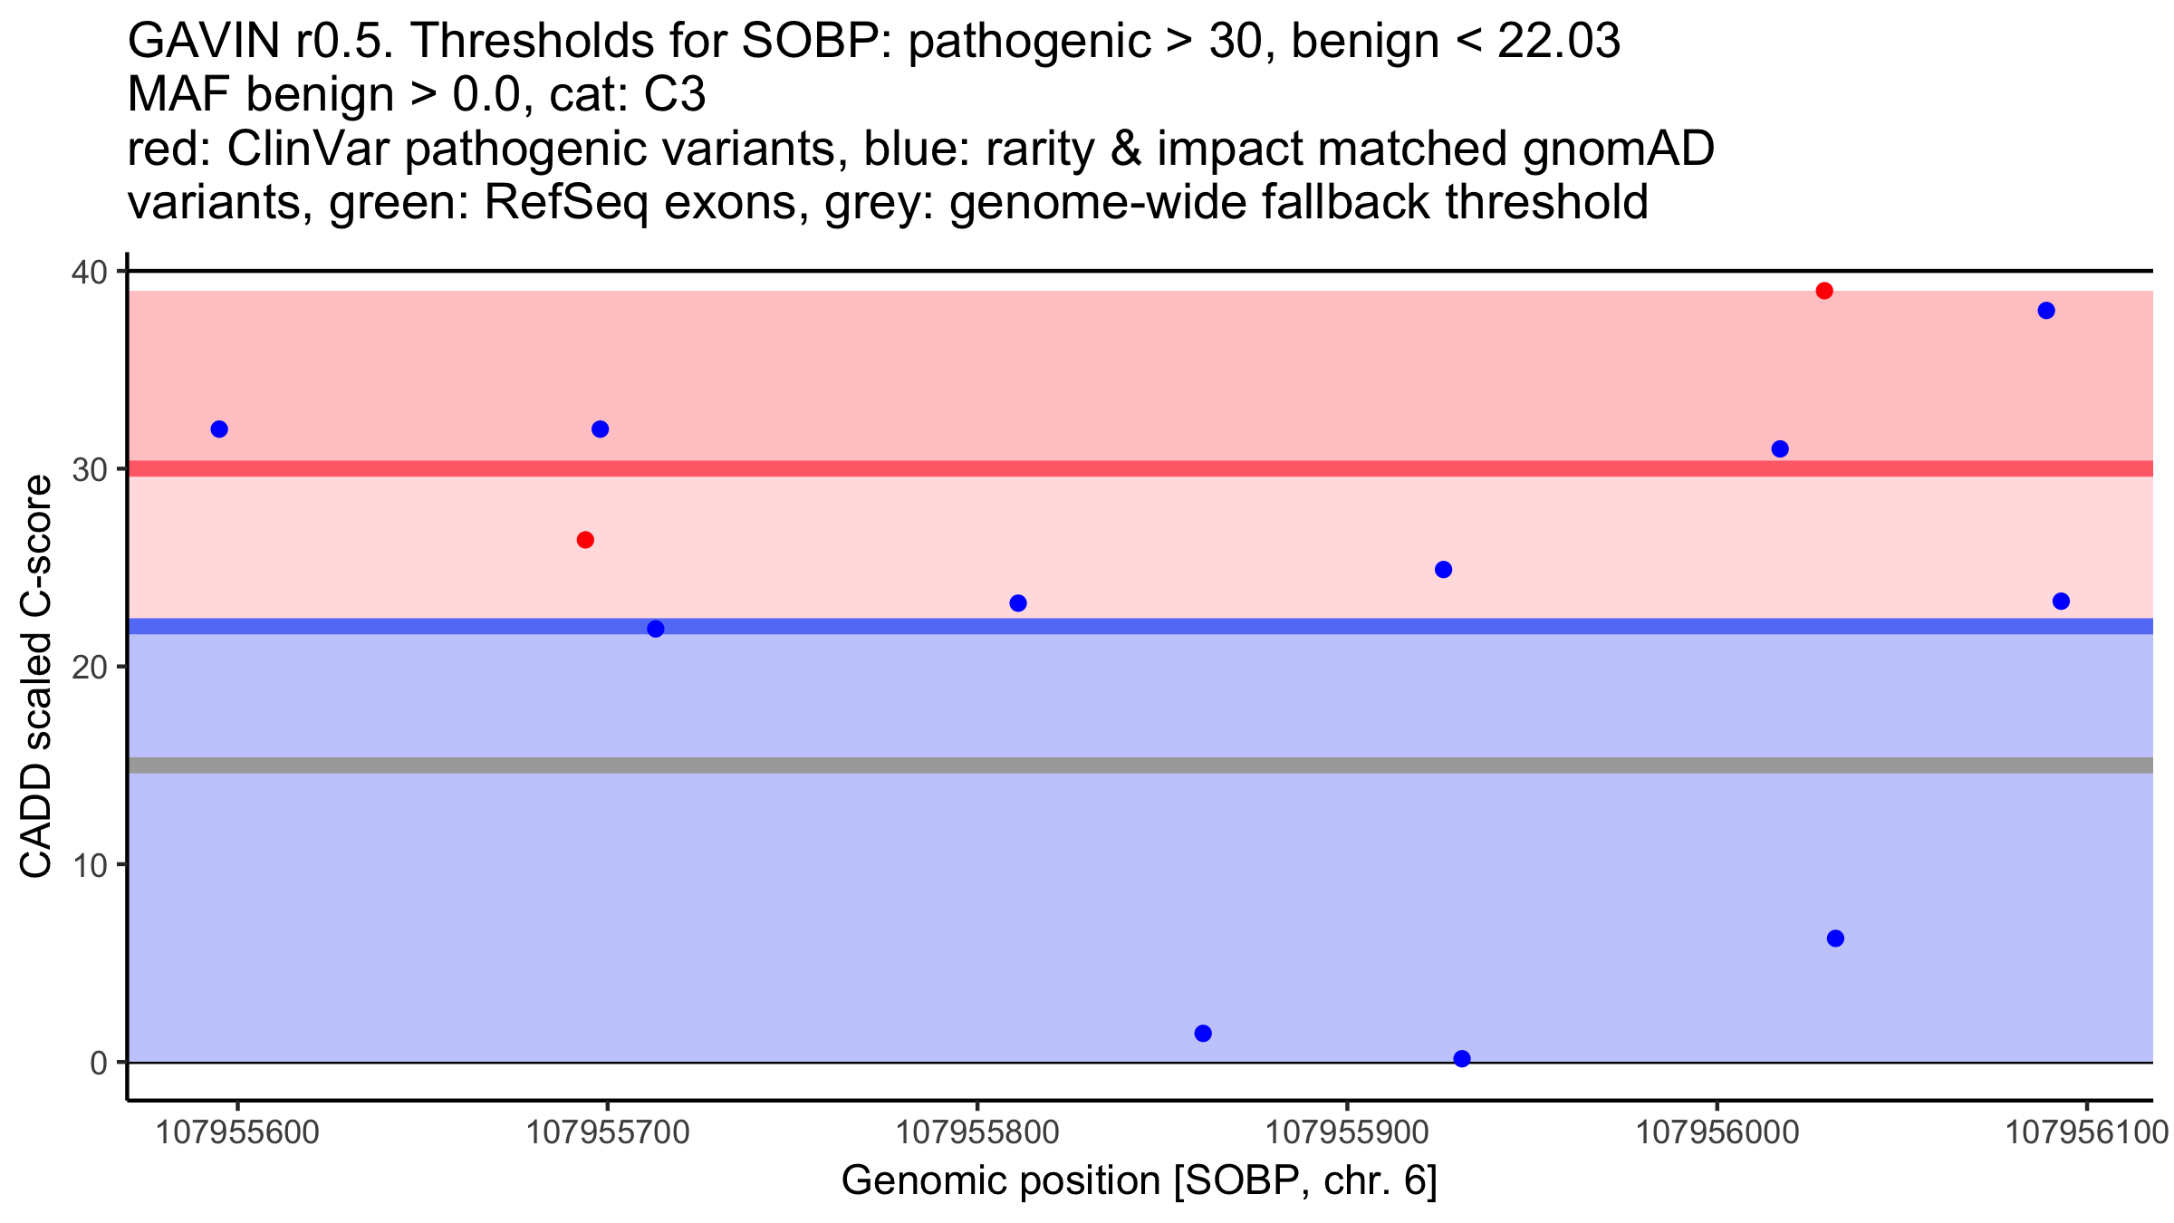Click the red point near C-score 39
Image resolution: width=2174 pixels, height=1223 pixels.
[x=1824, y=291]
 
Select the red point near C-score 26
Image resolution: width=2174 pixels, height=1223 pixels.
[x=585, y=540]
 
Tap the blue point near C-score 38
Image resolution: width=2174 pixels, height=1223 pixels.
[x=2046, y=311]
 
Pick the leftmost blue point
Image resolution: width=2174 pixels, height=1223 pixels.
[x=219, y=429]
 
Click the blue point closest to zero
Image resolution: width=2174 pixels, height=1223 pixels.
[x=1462, y=1058]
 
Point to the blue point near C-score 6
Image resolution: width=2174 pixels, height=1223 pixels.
[x=1835, y=939]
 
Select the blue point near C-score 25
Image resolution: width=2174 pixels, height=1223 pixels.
[x=1444, y=570]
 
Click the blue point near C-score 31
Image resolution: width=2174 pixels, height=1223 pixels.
[x=1780, y=449]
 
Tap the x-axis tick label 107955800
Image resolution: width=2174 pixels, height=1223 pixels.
[x=976, y=1132]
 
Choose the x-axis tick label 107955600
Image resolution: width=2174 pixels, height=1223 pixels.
[x=237, y=1132]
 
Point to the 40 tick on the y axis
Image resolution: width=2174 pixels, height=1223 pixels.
[x=95, y=272]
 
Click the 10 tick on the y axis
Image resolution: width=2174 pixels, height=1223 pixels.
[x=95, y=865]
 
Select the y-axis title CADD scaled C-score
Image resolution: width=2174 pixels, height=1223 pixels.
[x=36, y=678]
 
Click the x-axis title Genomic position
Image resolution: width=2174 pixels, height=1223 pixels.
[x=1139, y=1181]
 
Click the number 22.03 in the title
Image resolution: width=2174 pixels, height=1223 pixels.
[x=1558, y=41]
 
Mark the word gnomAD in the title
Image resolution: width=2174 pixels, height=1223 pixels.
[x=1618, y=149]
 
